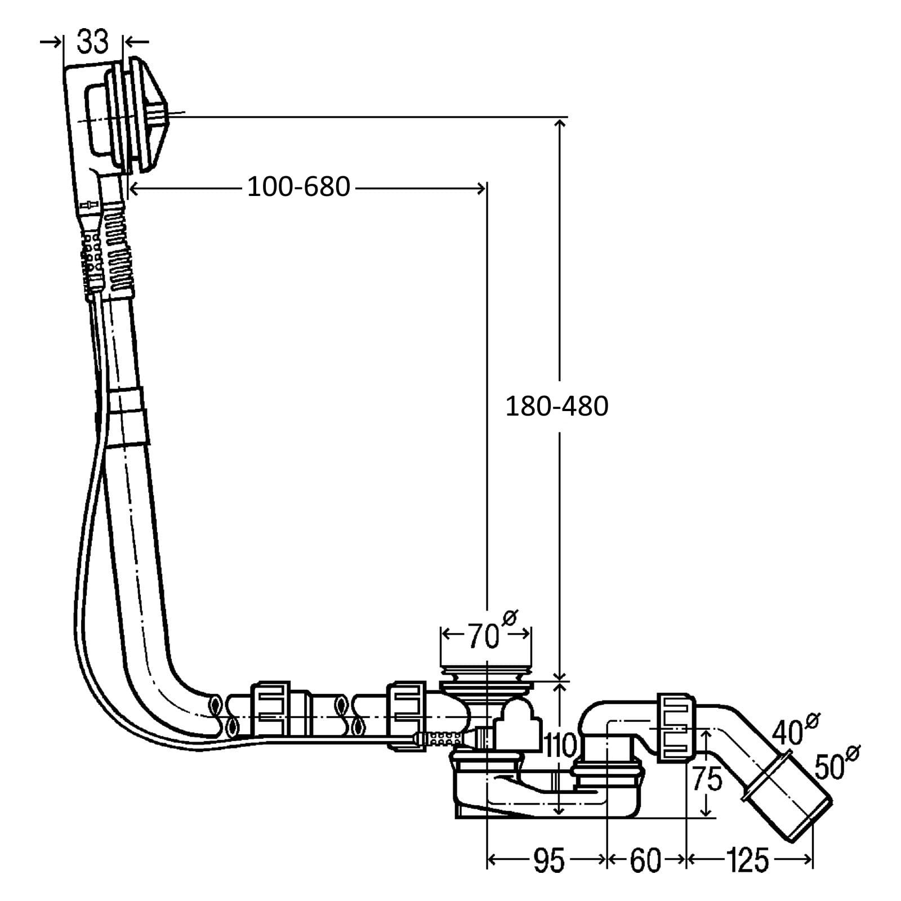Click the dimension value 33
[x=92, y=42]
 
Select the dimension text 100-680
[x=298, y=186]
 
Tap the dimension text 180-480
[x=556, y=406]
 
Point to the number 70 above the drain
[x=484, y=637]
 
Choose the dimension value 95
[x=548, y=860]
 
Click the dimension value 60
[x=645, y=860]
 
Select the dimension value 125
[x=747, y=860]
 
